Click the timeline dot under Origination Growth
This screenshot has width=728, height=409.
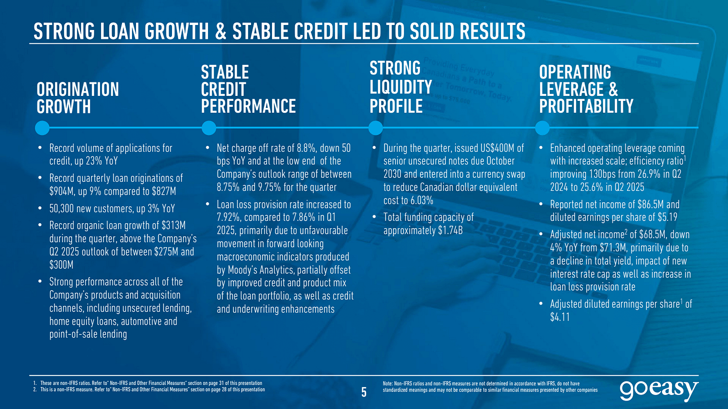[x=43, y=128]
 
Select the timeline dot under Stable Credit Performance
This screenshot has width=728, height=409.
[x=208, y=128]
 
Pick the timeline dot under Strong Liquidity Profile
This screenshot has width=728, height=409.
[x=375, y=128]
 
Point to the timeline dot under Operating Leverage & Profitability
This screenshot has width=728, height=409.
[x=542, y=128]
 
